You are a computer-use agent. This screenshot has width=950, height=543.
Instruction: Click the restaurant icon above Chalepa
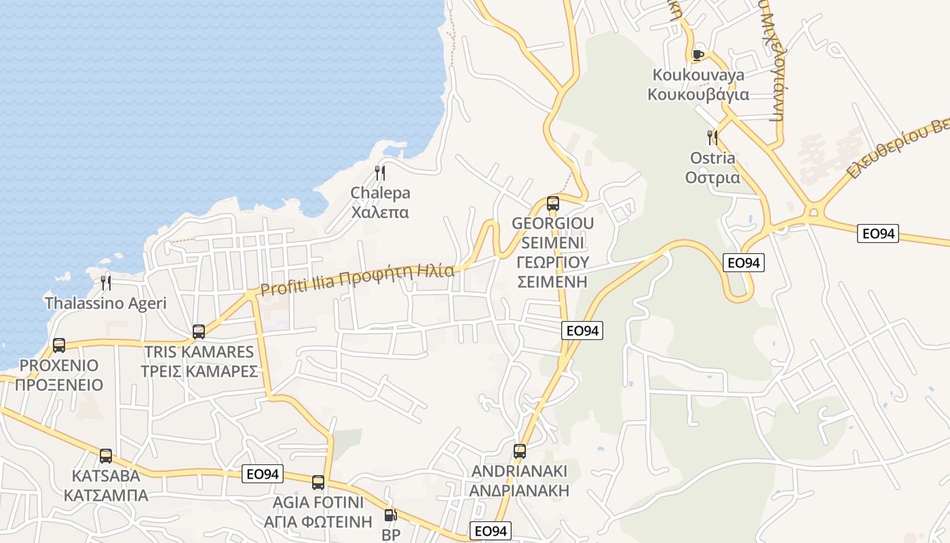point(380,173)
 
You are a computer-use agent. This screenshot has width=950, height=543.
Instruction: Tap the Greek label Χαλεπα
point(379,212)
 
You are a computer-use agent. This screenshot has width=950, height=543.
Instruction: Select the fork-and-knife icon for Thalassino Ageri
point(105,282)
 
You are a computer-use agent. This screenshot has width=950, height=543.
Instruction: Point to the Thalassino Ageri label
point(105,303)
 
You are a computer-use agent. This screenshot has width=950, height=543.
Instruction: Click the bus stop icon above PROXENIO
point(59,345)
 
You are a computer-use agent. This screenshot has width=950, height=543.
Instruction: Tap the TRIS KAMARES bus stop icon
point(199,331)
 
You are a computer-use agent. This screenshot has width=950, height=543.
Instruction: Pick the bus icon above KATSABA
point(106,455)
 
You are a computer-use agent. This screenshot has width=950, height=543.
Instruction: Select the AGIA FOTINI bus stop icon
point(318,483)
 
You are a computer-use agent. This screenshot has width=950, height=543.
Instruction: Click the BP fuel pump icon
point(390,516)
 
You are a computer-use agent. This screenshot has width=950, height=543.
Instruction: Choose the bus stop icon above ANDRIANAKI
point(520,451)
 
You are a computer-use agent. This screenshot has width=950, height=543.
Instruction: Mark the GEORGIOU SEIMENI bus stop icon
point(553,203)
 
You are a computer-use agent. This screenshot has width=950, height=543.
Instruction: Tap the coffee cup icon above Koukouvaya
point(698,55)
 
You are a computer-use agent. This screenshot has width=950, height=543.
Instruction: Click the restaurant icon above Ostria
point(712,138)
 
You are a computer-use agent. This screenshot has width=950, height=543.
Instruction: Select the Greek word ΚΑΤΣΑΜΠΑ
point(106,495)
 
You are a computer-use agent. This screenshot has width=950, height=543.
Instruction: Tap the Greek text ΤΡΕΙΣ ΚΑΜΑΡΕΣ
point(199,371)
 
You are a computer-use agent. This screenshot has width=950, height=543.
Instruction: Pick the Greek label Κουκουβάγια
point(698,94)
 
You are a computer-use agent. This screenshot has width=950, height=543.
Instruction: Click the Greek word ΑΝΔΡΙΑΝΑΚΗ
point(519,490)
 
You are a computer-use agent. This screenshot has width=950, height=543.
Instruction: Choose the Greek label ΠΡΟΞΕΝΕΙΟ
point(59,385)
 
